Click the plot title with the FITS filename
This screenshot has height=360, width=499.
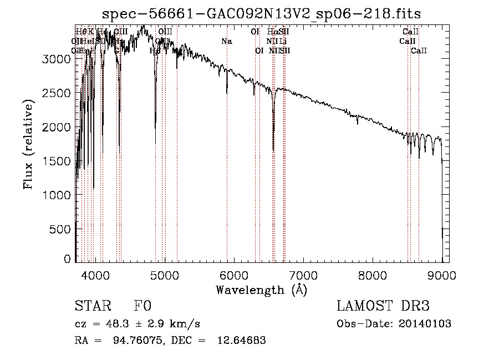[x=266, y=14]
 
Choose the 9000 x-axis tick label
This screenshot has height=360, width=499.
[x=442, y=273]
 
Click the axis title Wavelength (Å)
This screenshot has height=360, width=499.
[x=261, y=289]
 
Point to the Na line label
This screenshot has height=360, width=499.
[x=226, y=42]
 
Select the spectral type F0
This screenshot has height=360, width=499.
[x=142, y=307]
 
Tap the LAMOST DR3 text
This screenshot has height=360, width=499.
[x=383, y=307]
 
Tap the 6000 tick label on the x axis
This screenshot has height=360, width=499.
[x=234, y=273]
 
